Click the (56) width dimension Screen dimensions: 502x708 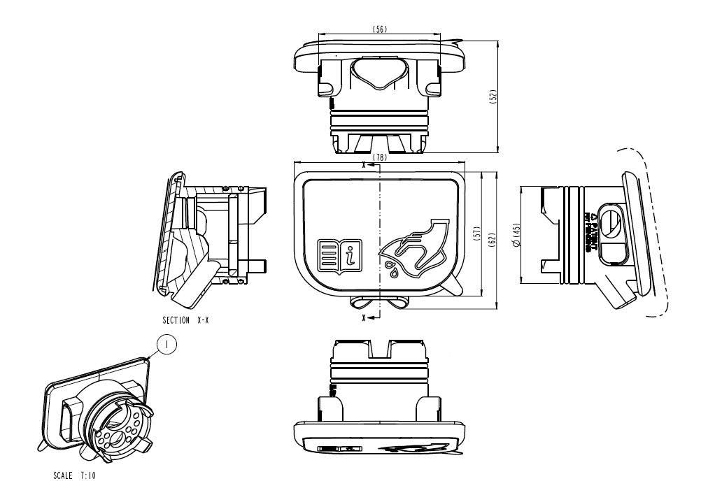coord(380,29)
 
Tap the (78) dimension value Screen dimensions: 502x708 coord(380,157)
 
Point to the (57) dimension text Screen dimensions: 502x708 coord(476,234)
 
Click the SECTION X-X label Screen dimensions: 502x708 coord(186,320)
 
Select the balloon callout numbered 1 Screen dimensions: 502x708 coord(166,345)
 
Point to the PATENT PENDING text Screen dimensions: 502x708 coord(590,231)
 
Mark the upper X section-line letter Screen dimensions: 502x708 coord(364,166)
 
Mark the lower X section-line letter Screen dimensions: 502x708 coord(364,317)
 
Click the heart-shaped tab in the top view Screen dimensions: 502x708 coord(380,73)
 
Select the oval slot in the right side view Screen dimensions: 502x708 coord(610,224)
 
